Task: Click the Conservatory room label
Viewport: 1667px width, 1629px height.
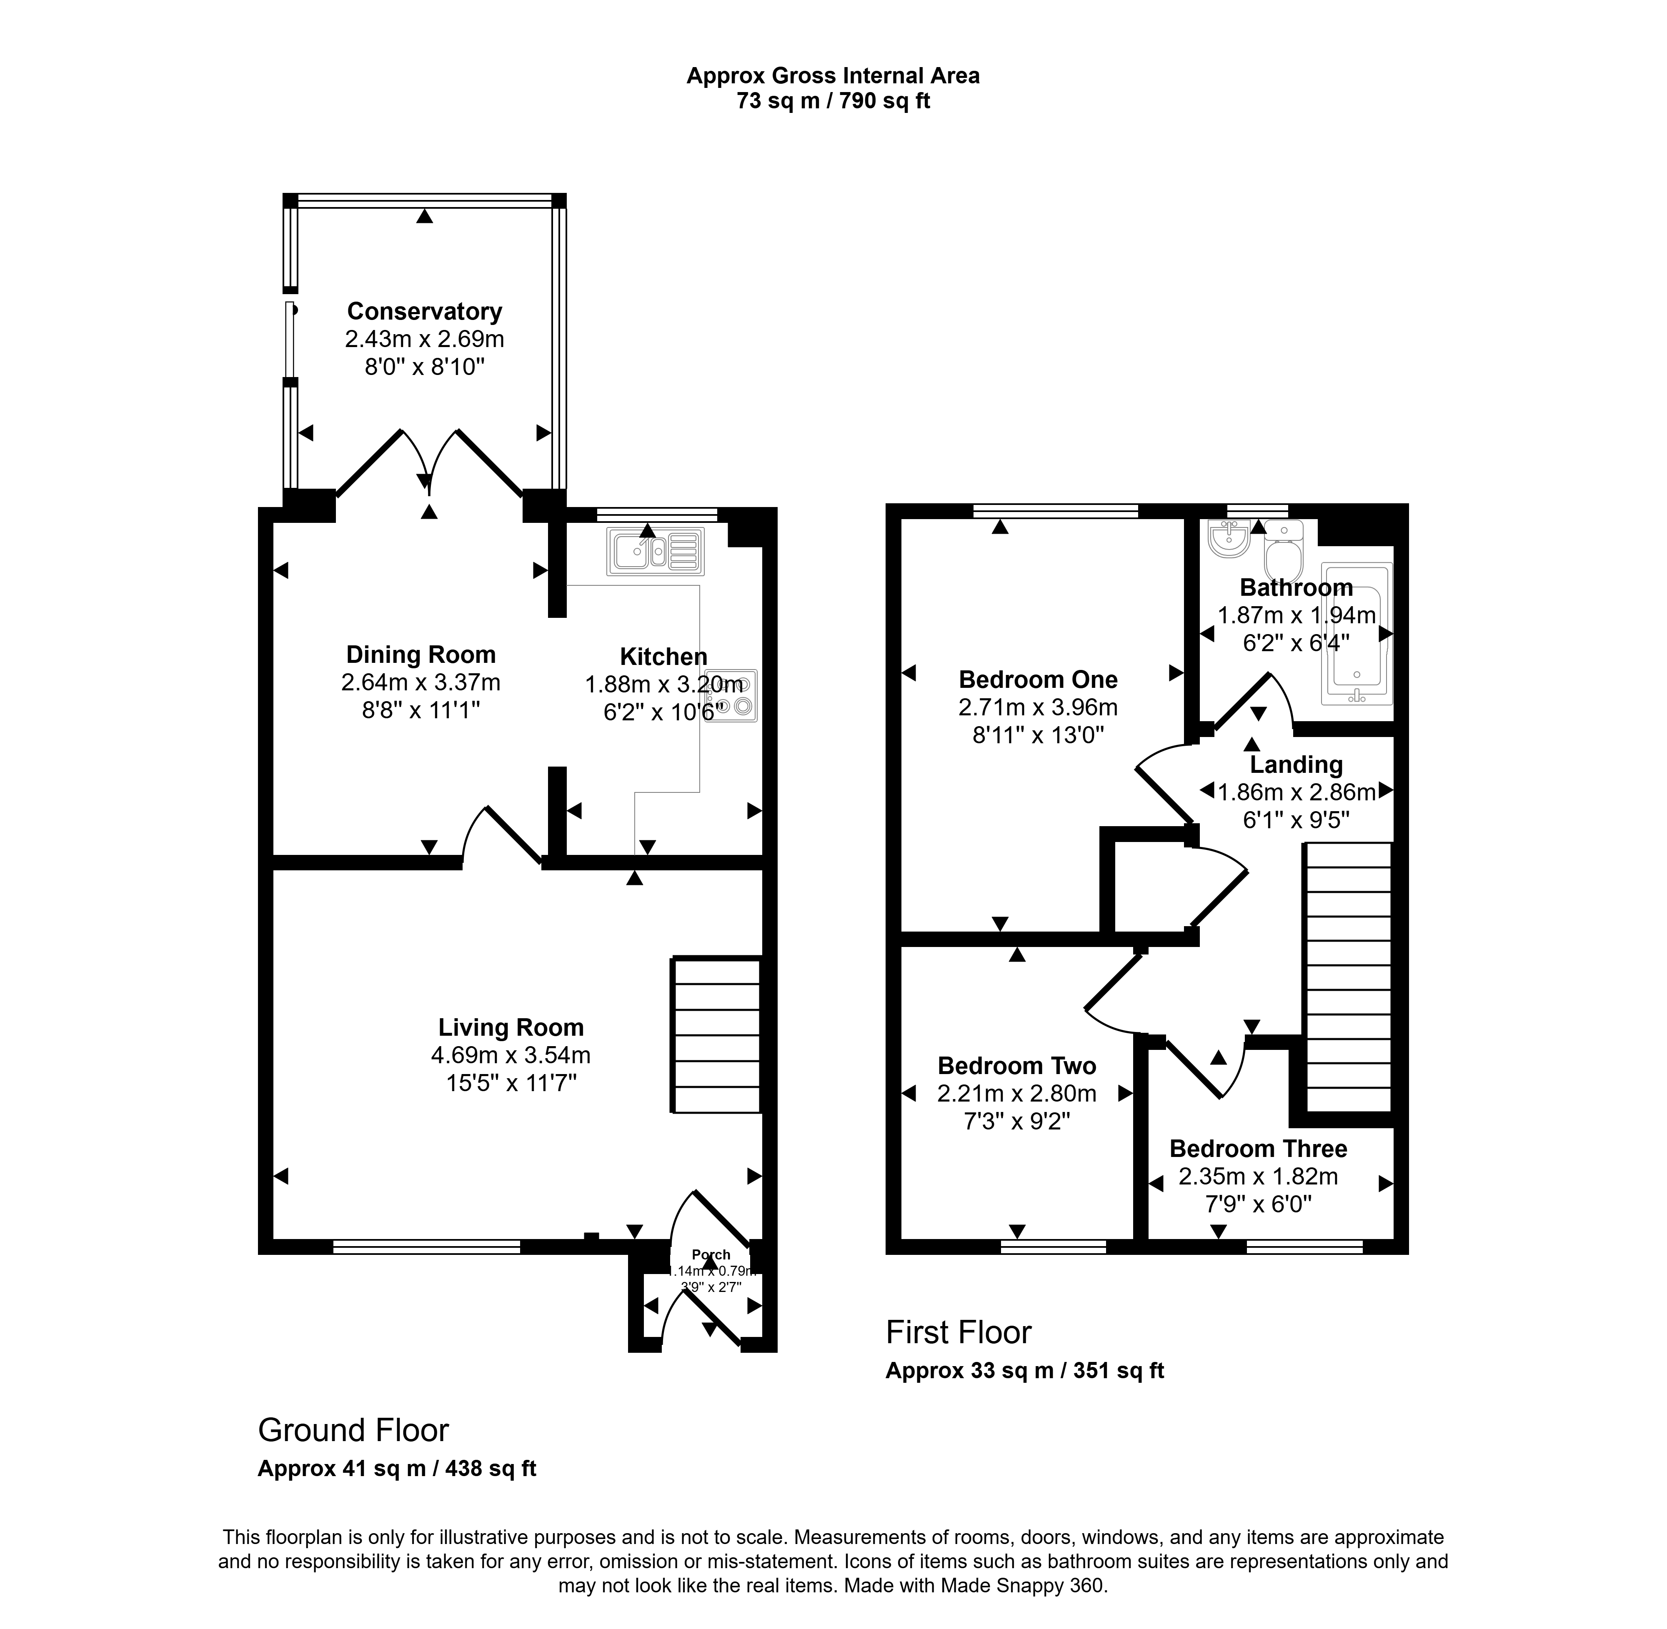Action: click(x=424, y=312)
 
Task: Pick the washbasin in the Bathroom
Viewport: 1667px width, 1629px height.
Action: click(x=1230, y=539)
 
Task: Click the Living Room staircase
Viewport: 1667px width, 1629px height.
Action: click(x=716, y=1035)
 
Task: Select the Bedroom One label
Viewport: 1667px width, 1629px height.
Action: click(x=1038, y=680)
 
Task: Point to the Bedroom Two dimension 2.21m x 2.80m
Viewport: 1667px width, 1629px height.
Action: click(x=1016, y=1092)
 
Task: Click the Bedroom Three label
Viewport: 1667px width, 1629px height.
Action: click(x=1258, y=1148)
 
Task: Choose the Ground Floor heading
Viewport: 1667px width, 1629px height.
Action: click(x=353, y=1430)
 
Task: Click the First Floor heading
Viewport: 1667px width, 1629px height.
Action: click(x=959, y=1332)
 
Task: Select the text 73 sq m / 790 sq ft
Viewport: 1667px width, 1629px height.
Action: click(x=833, y=101)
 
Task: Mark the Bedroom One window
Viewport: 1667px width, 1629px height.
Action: click(x=1055, y=511)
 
